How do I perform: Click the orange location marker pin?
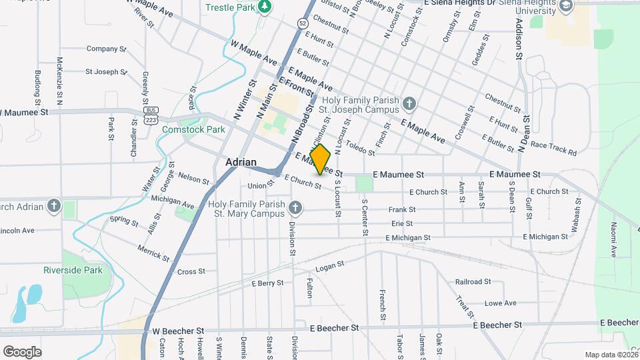tap(321, 159)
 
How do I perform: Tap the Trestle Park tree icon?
tap(265, 7)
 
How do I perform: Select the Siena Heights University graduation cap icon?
tap(566, 6)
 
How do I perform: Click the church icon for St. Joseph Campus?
tap(409, 104)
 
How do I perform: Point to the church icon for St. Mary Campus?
tap(294, 209)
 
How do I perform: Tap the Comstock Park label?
tap(194, 129)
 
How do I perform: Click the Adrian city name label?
tap(241, 162)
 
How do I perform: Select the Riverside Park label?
tap(73, 270)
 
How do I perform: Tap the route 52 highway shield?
tap(303, 23)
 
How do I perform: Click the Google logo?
tap(22, 351)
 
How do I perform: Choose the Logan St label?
tap(329, 265)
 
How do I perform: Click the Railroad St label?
tap(473, 282)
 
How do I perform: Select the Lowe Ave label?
tap(500, 303)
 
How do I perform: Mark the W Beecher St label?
tap(178, 331)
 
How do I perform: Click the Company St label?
tap(106, 49)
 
